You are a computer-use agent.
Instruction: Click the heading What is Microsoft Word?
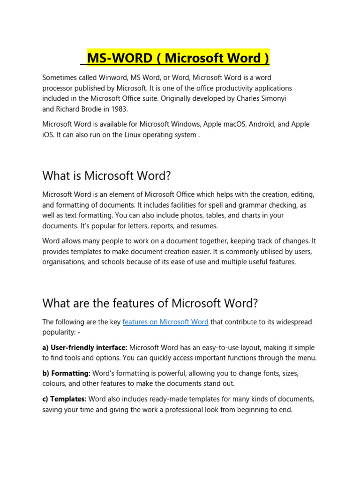(107, 176)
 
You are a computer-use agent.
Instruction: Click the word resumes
(203, 226)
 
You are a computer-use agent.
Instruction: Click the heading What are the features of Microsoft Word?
(150, 303)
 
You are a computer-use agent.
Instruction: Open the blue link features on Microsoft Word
(165, 322)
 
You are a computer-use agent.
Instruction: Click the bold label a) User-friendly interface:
(85, 348)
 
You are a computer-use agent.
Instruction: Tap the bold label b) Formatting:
(66, 374)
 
